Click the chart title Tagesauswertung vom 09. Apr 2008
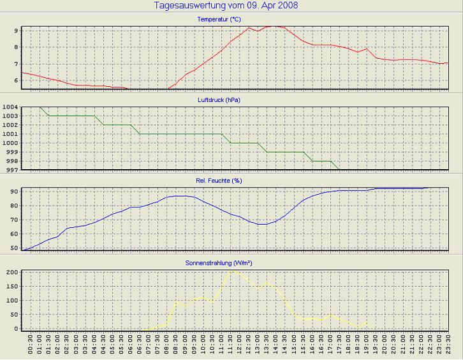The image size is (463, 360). pyautogui.click(x=226, y=6)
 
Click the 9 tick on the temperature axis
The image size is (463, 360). pyautogui.click(x=15, y=30)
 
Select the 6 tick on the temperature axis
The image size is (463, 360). pyautogui.click(x=15, y=81)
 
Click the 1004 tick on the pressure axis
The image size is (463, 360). pyautogui.click(x=10, y=107)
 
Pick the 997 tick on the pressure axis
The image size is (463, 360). pyautogui.click(x=10, y=170)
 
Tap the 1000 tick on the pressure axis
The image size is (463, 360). pyautogui.click(x=10, y=143)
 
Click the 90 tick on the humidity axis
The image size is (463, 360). pyautogui.click(x=13, y=191)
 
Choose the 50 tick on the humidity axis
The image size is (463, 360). pyautogui.click(x=13, y=248)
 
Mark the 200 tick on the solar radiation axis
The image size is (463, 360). pyautogui.click(x=11, y=272)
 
